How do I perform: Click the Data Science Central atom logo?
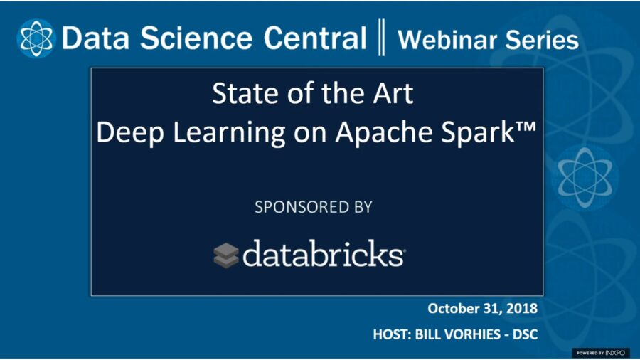pyautogui.click(x=36, y=38)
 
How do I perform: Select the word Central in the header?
pyautogui.click(x=315, y=38)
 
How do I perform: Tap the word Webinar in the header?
pyautogui.click(x=447, y=40)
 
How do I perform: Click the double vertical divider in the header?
pyautogui.click(x=381, y=37)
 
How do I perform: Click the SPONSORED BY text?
pyautogui.click(x=314, y=207)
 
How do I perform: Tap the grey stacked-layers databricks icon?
pyautogui.click(x=225, y=255)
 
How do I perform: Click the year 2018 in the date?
pyautogui.click(x=522, y=308)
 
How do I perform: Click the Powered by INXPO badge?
pyautogui.click(x=601, y=353)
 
